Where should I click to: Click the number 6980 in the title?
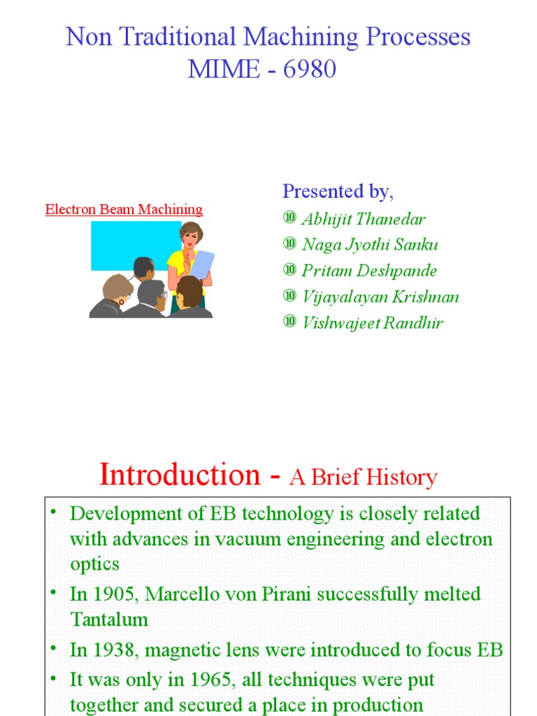pyautogui.click(x=306, y=69)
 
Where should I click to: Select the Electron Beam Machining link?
pyautogui.click(x=124, y=209)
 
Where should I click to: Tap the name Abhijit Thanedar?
pyautogui.click(x=363, y=219)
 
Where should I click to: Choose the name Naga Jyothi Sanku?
pyautogui.click(x=370, y=245)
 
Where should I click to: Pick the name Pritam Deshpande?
pyautogui.click(x=370, y=271)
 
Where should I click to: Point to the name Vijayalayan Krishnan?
pyautogui.click(x=380, y=296)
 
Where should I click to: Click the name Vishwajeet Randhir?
pyautogui.click(x=372, y=323)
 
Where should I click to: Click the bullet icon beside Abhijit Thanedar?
pyautogui.click(x=289, y=219)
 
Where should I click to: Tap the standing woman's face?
pyautogui.click(x=189, y=236)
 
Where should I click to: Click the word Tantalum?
pyautogui.click(x=109, y=620)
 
